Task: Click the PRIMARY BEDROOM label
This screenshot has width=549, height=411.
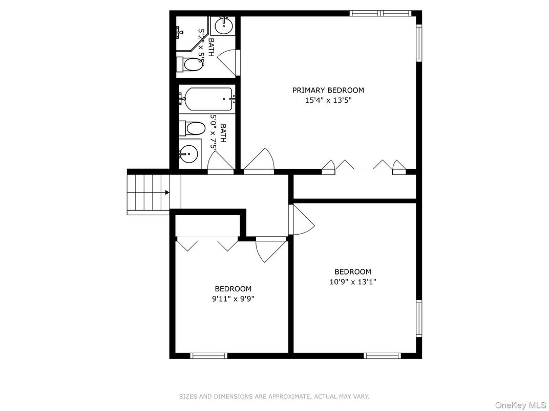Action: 328,90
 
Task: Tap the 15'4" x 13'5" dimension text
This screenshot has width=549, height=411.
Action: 328,101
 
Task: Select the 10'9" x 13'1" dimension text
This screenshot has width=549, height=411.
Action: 353,282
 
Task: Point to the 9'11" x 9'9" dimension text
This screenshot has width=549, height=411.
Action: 233,299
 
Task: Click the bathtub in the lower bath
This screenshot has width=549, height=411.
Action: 208,99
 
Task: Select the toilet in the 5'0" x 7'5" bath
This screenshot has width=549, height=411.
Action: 192,128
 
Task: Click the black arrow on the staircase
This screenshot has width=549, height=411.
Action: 167,192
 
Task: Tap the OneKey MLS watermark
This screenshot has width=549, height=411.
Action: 520,405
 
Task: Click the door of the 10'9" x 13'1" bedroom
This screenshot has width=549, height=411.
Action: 301,219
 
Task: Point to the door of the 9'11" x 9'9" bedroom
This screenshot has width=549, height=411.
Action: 271,249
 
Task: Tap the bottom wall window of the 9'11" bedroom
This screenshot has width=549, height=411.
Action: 208,356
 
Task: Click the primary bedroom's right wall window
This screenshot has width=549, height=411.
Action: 419,42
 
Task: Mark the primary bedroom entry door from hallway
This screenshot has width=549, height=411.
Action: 259,161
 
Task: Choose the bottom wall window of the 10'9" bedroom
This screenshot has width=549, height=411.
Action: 382,356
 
